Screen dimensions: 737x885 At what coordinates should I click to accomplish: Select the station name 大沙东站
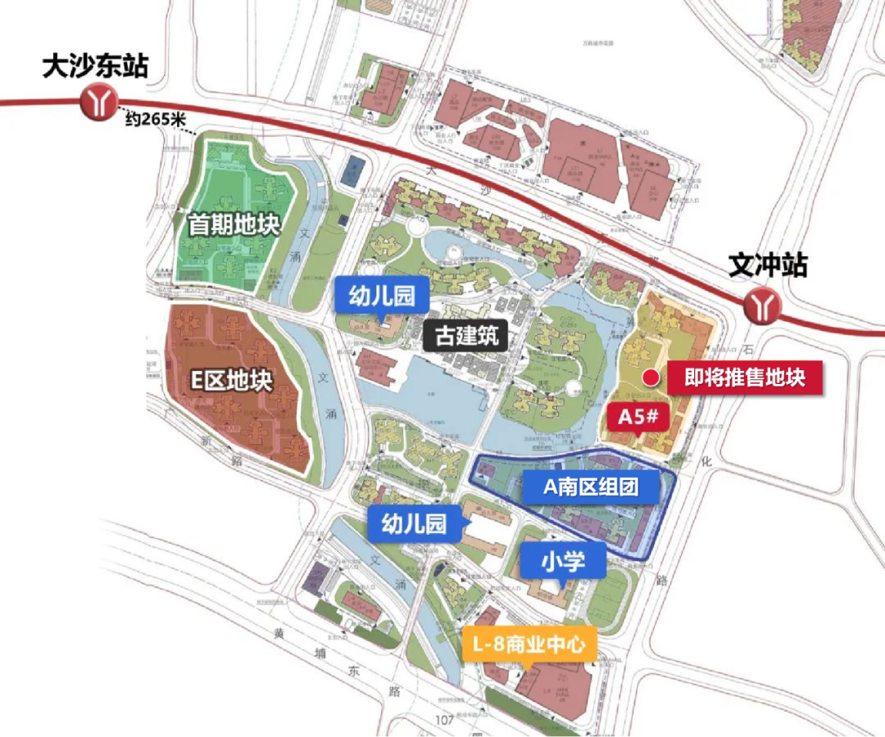point(95,66)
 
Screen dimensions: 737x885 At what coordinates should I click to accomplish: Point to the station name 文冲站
point(768,265)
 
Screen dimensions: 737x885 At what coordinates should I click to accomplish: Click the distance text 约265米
point(156,119)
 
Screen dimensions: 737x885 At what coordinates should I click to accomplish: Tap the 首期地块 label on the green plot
point(234,224)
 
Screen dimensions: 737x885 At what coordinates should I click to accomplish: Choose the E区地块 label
point(231,381)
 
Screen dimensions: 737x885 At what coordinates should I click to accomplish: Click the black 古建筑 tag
point(466,335)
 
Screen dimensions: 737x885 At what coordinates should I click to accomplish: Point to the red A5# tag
point(639,417)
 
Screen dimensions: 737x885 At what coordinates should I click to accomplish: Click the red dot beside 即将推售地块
point(650,378)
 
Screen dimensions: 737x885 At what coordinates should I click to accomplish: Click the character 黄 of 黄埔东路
point(281,633)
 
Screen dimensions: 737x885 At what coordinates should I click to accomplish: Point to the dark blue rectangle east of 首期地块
point(353,171)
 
